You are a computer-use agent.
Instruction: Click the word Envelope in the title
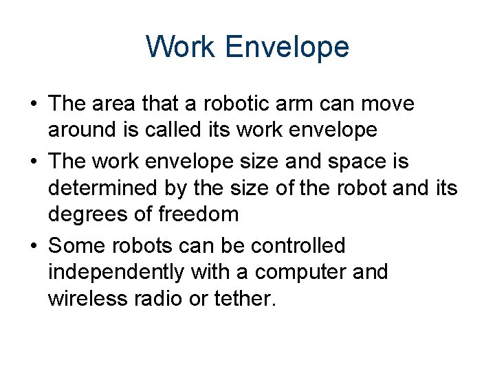[287, 47]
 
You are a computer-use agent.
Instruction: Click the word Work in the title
[181, 47]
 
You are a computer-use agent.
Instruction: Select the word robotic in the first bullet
[232, 104]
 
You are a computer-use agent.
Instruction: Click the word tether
[246, 299]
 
